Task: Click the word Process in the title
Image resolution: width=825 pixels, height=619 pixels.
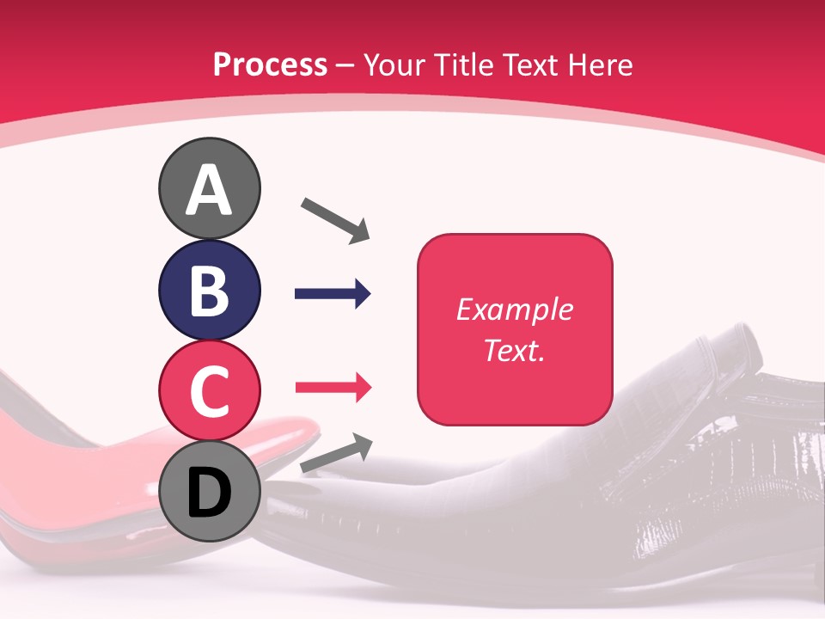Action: tap(270, 65)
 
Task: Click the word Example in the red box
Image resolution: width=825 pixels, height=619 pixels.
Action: tap(514, 309)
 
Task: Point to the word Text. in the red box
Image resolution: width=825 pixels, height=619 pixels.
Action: tap(514, 350)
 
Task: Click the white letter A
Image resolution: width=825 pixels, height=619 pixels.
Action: tap(209, 191)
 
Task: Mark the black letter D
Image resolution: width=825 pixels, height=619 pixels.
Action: tap(209, 493)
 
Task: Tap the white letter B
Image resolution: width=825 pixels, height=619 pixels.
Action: tap(209, 291)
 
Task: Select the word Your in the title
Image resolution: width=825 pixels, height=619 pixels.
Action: tap(395, 65)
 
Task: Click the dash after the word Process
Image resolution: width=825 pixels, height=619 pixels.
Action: tap(345, 65)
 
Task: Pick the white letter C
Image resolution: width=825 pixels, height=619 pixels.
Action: tap(209, 391)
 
